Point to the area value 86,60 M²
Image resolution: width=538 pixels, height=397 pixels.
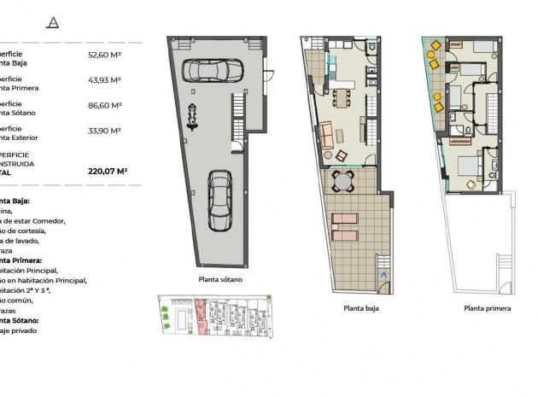pyautogui.click(x=104, y=105)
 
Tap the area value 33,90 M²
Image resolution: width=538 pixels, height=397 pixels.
pyautogui.click(x=104, y=131)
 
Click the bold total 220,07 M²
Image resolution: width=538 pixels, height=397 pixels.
pyautogui.click(x=108, y=171)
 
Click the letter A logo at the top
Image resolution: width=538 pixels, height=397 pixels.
pyautogui.click(x=55, y=22)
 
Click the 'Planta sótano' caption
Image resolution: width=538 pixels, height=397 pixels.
pyautogui.click(x=220, y=280)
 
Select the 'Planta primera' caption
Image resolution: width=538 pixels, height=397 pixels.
pyautogui.click(x=487, y=308)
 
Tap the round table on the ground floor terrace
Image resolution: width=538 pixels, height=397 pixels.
pyautogui.click(x=342, y=182)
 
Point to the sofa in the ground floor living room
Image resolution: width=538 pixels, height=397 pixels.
pyautogui.click(x=325, y=134)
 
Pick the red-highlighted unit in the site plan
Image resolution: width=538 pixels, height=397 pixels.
pyautogui.click(x=202, y=317)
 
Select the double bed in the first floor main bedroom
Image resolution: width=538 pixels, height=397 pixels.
pyautogui.click(x=470, y=166)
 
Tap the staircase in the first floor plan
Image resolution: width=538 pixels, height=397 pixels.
pyautogui.click(x=493, y=109)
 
